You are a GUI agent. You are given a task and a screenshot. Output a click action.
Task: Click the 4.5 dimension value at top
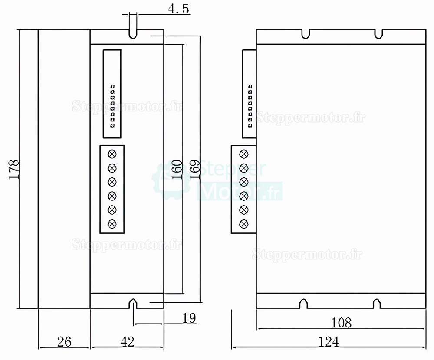click(x=178, y=10)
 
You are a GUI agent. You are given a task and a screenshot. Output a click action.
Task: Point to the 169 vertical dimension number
click(x=194, y=169)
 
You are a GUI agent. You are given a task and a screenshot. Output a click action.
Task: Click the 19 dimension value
click(x=189, y=318)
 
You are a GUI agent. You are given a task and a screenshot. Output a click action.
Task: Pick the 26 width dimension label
click(x=63, y=342)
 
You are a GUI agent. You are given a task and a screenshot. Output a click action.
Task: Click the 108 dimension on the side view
click(x=341, y=322)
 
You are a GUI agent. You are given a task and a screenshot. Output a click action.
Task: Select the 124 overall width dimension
click(x=328, y=342)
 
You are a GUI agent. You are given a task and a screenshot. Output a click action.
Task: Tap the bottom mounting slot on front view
click(x=133, y=303)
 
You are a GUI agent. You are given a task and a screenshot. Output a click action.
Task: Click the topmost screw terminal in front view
click(x=112, y=154)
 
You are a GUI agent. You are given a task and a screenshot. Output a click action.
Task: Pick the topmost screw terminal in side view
click(x=244, y=154)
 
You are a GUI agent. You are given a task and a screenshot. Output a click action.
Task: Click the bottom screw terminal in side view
click(x=244, y=224)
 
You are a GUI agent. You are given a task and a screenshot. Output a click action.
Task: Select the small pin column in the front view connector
click(x=112, y=106)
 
